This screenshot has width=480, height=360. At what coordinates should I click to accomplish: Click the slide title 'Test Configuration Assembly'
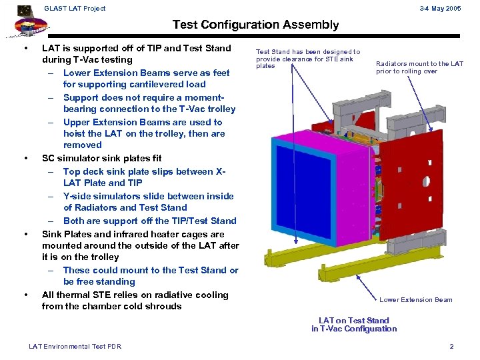[255, 25]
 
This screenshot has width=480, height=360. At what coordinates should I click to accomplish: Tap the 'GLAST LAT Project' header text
[74, 8]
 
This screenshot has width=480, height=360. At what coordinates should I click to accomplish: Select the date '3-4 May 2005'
[441, 8]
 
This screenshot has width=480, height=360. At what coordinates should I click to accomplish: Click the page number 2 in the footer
[451, 346]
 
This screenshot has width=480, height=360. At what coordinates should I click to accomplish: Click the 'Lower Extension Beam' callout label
[416, 300]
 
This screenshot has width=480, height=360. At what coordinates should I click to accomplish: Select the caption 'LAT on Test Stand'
[353, 321]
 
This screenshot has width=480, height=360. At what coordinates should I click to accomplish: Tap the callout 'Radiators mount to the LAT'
[419, 64]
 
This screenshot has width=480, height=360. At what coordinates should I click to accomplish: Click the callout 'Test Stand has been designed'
[308, 52]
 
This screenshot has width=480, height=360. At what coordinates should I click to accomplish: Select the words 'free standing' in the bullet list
[105, 282]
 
